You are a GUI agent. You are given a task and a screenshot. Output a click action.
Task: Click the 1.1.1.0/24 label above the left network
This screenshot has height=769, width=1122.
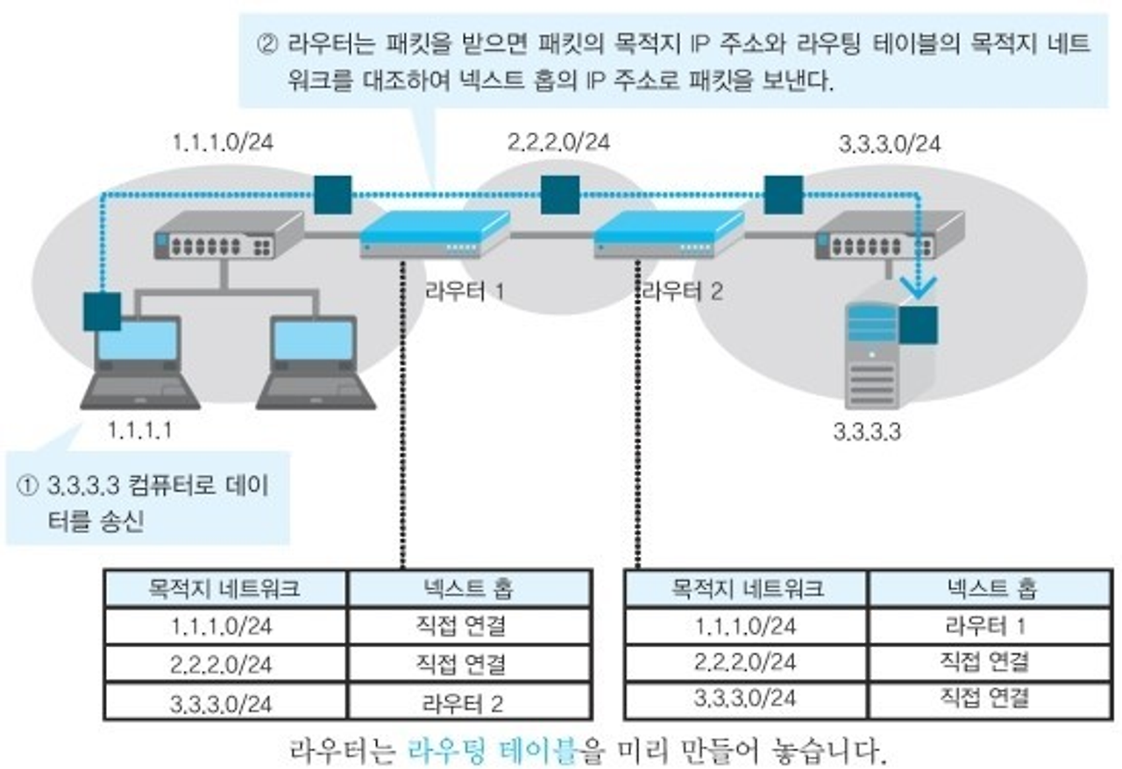point(224,142)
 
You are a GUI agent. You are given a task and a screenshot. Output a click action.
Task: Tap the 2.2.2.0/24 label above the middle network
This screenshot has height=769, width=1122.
point(558,142)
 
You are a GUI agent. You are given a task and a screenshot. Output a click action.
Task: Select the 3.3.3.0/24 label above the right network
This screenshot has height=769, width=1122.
point(889,144)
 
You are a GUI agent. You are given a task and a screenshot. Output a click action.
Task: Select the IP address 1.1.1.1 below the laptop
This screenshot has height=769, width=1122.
point(139,430)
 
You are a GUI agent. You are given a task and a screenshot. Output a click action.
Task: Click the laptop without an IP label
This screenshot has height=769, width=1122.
point(315,364)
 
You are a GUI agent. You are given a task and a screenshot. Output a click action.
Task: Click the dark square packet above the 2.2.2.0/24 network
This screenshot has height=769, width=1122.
point(559,196)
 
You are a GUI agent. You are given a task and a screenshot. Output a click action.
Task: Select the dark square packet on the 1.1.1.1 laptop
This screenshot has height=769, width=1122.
point(102,311)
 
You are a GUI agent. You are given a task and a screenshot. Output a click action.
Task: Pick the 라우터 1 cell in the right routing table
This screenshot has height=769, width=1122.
point(986,626)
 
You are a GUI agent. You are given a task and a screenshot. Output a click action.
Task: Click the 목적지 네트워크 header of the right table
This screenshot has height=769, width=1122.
point(746,588)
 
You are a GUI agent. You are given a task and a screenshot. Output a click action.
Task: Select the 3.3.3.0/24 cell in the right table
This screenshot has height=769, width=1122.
point(746,699)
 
